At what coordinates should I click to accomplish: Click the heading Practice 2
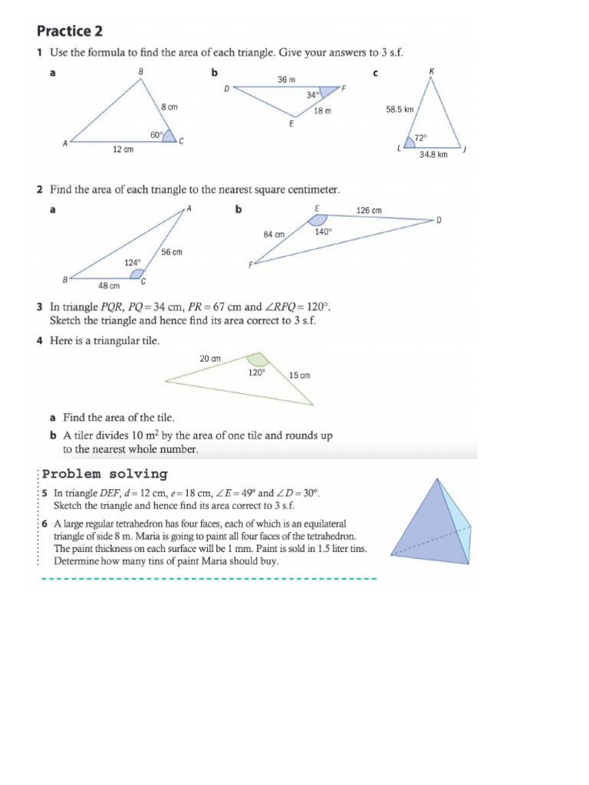[70, 31]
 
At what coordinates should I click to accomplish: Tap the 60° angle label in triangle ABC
[156, 135]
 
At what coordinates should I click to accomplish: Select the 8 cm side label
[169, 107]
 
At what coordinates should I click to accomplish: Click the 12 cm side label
[123, 150]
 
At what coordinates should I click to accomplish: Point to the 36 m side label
[286, 79]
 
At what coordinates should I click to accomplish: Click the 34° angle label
[312, 96]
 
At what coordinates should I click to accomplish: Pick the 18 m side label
[323, 111]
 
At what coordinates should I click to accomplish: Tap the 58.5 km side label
[400, 110]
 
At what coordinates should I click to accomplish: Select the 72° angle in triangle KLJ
[420, 139]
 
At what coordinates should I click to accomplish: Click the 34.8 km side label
[433, 154]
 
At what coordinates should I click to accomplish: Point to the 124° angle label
[133, 262]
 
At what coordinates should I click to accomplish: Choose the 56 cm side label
[172, 251]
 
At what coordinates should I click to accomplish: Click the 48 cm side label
[108, 286]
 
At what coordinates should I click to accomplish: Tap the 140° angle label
[323, 231]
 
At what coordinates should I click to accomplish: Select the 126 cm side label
[369, 209]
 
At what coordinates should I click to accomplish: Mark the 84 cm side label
[274, 235]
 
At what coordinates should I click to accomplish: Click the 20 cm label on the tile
[210, 359]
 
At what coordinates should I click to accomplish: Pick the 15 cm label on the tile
[299, 375]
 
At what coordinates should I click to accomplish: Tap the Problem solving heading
[105, 474]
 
